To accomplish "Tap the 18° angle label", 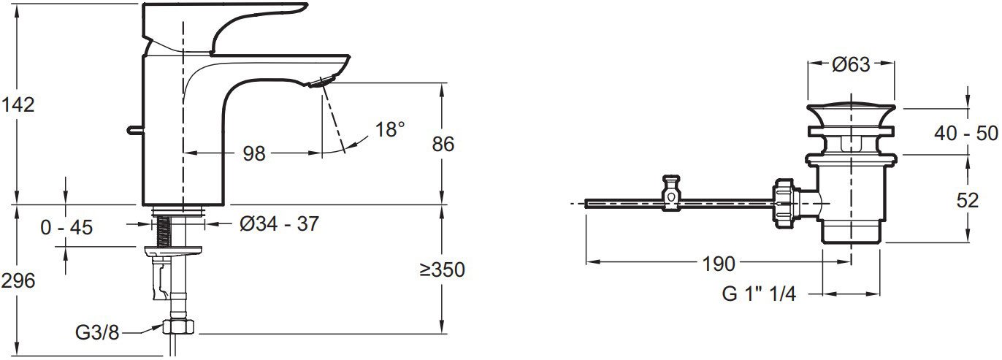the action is pos(389,130).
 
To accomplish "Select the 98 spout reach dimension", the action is pos(254,154).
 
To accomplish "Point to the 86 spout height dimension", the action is pos(443,144).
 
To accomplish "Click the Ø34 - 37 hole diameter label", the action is pos(279,223).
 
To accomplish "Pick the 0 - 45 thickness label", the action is pos(66,227).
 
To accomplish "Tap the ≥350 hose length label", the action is pos(442,269).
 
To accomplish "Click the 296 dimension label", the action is pos(18,281).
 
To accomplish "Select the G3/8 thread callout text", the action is pos(97,333).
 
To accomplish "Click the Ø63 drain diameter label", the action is pos(851,65).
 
